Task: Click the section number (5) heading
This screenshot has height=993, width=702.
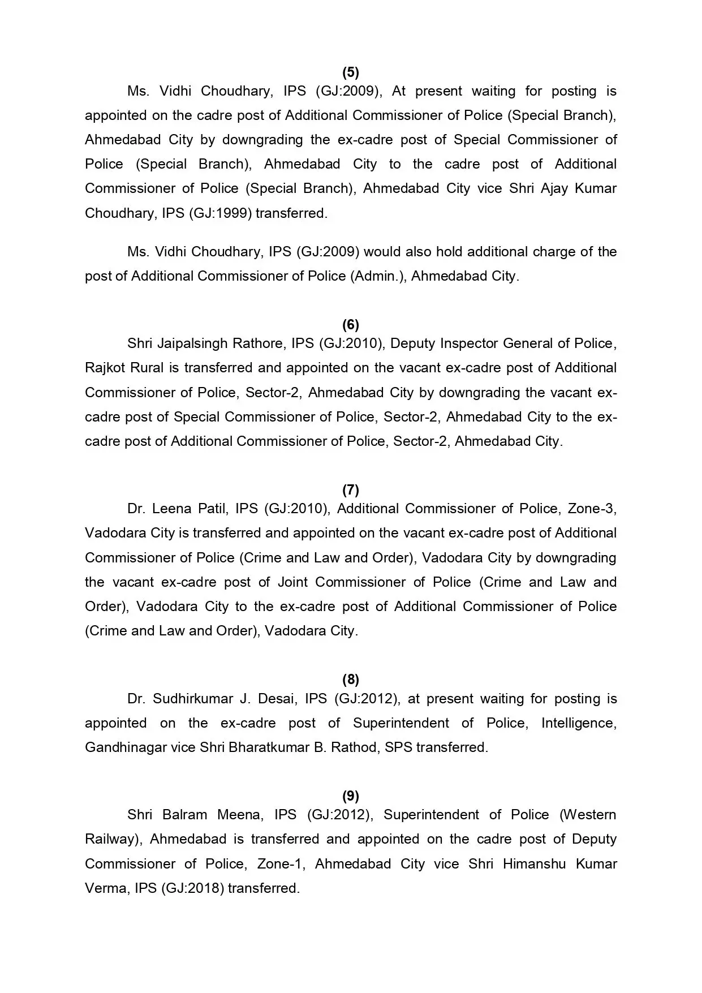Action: (x=351, y=72)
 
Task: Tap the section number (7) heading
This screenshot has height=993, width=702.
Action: (x=351, y=489)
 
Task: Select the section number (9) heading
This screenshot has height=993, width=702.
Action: (x=351, y=796)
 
